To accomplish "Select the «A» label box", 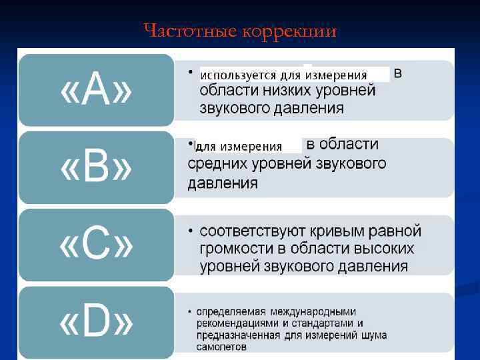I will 96,91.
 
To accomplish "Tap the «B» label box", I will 96,168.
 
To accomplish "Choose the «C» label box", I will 96,245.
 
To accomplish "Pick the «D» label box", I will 96,323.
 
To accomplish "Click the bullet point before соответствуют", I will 190,231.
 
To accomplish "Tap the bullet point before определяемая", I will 190,311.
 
